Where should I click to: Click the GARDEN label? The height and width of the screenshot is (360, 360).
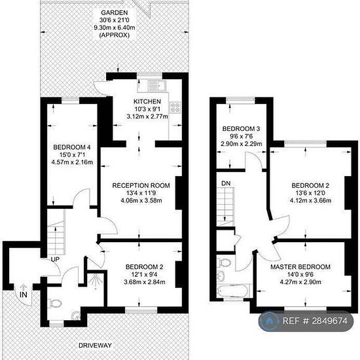click(x=115, y=12)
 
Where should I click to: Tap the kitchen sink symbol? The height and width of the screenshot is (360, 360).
click(x=157, y=86)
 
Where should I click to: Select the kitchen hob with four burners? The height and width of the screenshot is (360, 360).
click(x=175, y=107)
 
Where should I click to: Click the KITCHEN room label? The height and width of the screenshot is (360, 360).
click(x=147, y=101)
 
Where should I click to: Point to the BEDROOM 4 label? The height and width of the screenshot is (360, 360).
click(x=72, y=147)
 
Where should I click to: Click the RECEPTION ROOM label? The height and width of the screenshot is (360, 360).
click(x=141, y=185)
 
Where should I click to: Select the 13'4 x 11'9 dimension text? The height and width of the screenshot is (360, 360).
click(x=141, y=193)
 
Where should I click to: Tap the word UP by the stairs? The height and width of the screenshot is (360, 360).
click(x=55, y=259)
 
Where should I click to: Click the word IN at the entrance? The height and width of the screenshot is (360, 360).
click(x=24, y=295)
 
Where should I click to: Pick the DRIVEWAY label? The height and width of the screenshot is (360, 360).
click(x=95, y=346)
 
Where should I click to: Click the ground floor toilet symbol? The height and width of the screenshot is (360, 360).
click(x=55, y=304)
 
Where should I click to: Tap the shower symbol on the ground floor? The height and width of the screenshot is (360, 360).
click(x=96, y=281)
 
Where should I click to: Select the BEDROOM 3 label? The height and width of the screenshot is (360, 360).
click(x=241, y=128)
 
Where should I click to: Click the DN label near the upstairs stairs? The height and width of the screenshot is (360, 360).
click(x=226, y=183)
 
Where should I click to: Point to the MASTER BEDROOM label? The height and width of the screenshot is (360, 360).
click(x=300, y=267)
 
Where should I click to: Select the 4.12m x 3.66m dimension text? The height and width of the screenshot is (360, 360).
click(x=310, y=200)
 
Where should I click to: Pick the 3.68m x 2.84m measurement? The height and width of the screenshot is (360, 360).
click(x=145, y=282)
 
